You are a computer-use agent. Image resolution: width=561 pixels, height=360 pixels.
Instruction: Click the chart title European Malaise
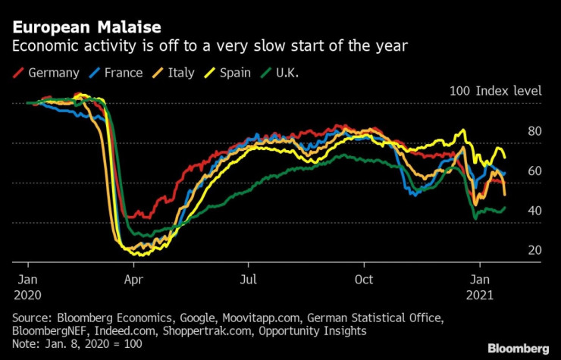86,27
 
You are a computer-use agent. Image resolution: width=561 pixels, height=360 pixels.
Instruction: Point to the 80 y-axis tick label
535,131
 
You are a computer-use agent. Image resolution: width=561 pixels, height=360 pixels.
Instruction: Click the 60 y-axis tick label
535,171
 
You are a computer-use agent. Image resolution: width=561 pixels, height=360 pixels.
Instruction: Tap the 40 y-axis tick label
535,211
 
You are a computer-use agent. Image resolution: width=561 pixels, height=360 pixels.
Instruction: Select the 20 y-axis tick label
535,250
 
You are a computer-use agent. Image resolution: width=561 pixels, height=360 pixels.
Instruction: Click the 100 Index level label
496,91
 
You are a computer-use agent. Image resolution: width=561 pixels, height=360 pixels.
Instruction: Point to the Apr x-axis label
133,277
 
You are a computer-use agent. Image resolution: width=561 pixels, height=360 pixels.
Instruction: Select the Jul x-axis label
249,277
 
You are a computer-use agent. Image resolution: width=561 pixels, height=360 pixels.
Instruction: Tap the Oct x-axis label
365,277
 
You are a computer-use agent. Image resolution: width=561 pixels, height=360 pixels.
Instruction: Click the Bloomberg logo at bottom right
519,349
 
